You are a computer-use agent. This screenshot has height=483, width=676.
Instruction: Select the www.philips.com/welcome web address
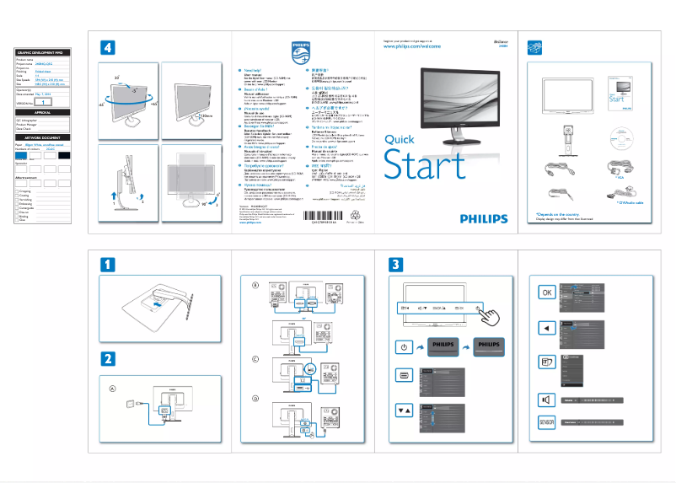412,47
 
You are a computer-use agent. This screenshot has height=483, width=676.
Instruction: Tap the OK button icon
546,292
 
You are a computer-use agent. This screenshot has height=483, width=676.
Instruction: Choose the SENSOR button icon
546,421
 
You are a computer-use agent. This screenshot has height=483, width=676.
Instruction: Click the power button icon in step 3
404,346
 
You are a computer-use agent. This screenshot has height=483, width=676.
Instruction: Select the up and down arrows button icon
404,409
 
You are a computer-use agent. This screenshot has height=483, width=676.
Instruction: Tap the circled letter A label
112,389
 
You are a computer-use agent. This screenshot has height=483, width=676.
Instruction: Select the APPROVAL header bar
42,112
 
